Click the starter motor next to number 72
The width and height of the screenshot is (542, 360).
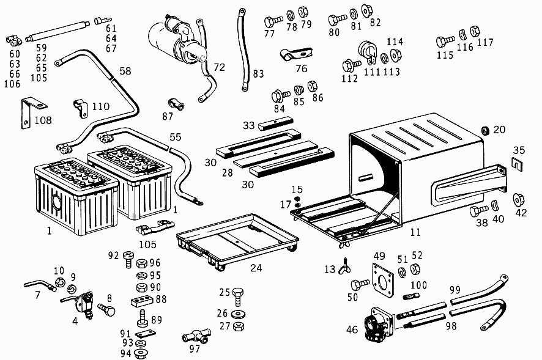177,40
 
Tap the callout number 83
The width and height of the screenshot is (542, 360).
258,74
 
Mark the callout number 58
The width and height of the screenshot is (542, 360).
125,72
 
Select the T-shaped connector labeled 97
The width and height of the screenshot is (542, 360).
195,336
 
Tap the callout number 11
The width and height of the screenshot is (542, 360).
415,232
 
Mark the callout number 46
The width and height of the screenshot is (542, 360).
352,330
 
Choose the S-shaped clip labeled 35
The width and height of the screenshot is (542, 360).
518,164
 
